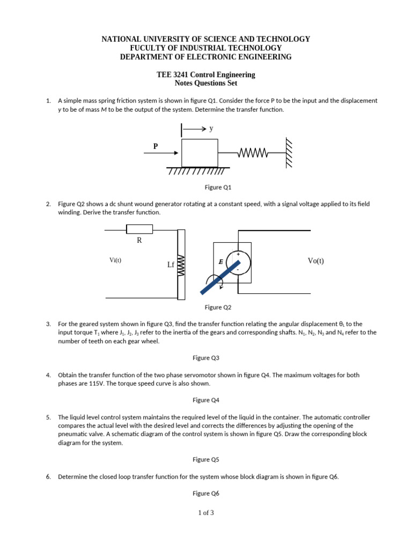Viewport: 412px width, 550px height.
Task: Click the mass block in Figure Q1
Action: [x=200, y=153]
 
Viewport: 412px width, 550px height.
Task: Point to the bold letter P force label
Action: [x=156, y=146]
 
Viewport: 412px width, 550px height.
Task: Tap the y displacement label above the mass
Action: [x=211, y=129]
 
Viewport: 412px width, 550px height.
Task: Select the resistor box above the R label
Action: [x=139, y=229]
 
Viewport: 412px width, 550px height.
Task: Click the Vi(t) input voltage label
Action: [x=115, y=260]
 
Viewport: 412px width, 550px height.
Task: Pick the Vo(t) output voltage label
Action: [x=316, y=261]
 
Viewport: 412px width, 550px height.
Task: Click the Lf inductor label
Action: [x=171, y=265]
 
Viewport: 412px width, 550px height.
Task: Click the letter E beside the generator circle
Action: [x=220, y=262]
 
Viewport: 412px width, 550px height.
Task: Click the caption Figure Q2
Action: [x=218, y=307]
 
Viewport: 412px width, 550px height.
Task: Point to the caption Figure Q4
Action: [x=206, y=400]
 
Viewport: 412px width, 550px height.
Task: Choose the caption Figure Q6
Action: [x=206, y=493]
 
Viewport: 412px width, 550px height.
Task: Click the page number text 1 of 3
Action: [x=206, y=512]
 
